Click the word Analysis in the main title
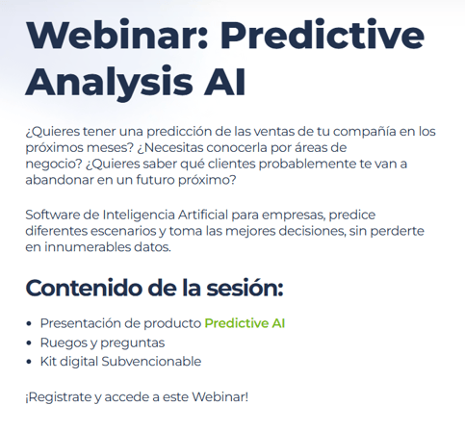point(109,82)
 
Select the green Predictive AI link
point(245,323)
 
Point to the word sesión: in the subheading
point(245,288)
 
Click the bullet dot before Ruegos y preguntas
point(29,343)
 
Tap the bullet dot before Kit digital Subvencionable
point(29,362)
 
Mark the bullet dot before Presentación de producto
point(29,324)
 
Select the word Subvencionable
point(151,362)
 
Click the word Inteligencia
point(139,215)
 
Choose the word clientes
point(231,164)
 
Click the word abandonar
point(59,180)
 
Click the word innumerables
point(87,247)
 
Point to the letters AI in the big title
point(224,82)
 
